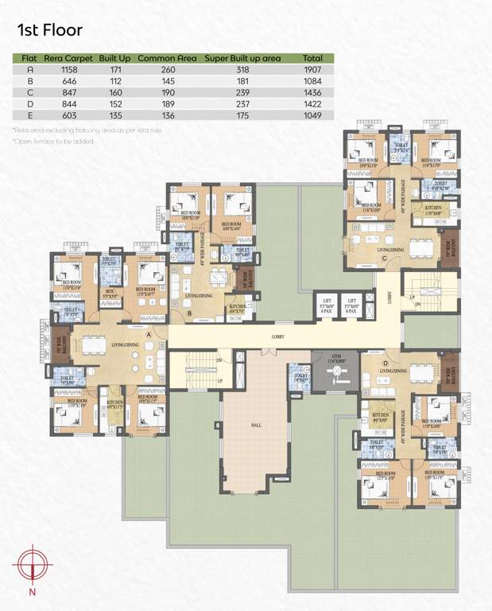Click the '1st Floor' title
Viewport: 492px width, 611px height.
click(x=49, y=30)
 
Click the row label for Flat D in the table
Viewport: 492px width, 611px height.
click(x=29, y=103)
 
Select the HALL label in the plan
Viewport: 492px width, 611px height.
click(x=256, y=426)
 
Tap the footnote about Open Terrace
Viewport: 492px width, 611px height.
click(x=54, y=141)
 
